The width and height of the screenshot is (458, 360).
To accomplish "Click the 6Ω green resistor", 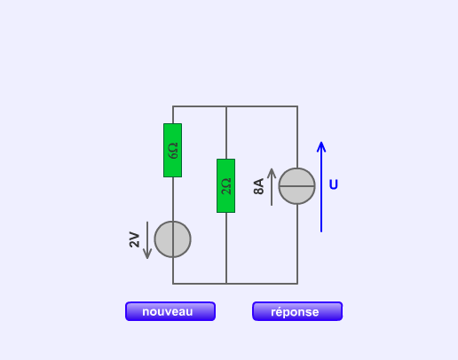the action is tap(173, 151).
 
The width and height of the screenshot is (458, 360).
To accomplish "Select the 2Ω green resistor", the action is tap(226, 185).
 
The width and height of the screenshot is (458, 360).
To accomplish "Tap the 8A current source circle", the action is tap(297, 186).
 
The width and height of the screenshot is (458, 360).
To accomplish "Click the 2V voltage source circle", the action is tap(173, 239).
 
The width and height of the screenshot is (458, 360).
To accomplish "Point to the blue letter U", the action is tap(334, 184).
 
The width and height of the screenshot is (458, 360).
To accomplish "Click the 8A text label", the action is tap(258, 186).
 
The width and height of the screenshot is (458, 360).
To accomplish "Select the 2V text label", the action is tap(134, 239).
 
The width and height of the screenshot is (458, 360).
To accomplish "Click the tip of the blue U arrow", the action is tap(321, 142).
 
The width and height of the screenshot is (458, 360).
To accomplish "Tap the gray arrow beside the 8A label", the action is tap(272, 187).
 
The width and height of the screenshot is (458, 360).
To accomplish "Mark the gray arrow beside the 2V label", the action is tap(147, 240).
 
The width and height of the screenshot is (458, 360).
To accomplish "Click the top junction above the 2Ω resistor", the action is tap(226, 106).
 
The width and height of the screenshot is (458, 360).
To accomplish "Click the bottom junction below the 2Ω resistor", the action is tap(226, 284).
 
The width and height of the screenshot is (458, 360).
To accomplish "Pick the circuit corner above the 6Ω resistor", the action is tap(173, 106).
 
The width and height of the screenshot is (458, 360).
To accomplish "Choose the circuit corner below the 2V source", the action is tap(173, 284).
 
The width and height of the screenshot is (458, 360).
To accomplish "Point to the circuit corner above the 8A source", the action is tap(297, 106).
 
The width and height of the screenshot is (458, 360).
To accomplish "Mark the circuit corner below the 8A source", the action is tap(297, 284).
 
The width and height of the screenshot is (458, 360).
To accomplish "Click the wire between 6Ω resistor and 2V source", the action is tap(173, 200).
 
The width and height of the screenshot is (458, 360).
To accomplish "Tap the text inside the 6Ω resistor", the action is tap(173, 151).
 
